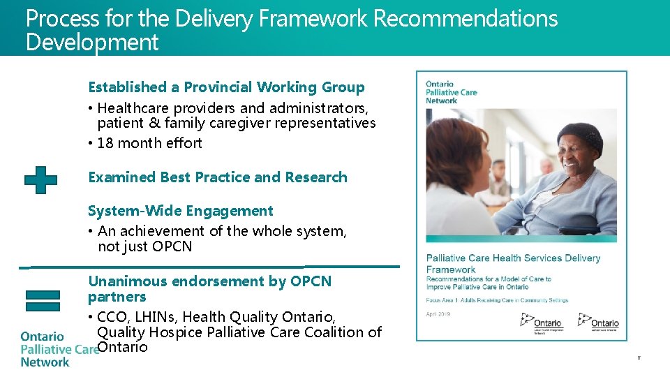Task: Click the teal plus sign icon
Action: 40,179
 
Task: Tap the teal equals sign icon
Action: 41,300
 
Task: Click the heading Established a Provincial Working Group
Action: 226,87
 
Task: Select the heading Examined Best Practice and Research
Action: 217,177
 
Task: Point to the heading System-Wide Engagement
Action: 180,211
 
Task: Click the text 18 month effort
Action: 149,143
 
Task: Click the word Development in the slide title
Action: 92,43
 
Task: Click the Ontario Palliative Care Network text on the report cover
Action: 451,92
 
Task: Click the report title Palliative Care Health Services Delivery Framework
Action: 512,263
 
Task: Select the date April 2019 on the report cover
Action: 438,313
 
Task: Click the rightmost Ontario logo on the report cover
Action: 600,323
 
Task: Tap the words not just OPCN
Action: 144,246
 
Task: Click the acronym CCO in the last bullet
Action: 113,318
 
